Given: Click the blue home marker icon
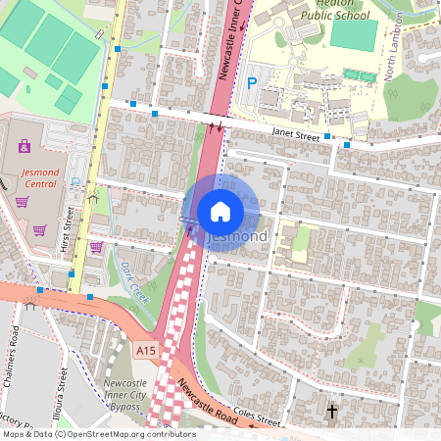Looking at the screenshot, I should coord(220,211).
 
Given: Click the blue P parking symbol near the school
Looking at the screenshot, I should coord(251,84).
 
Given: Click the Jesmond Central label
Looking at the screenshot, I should coord(40,175).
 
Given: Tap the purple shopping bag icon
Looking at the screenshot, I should coord(24,147).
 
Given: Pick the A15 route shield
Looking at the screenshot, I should coord(146,349).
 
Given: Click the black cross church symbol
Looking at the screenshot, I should coord(332,412).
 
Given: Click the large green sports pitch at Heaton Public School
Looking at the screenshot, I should coord(352,35).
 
